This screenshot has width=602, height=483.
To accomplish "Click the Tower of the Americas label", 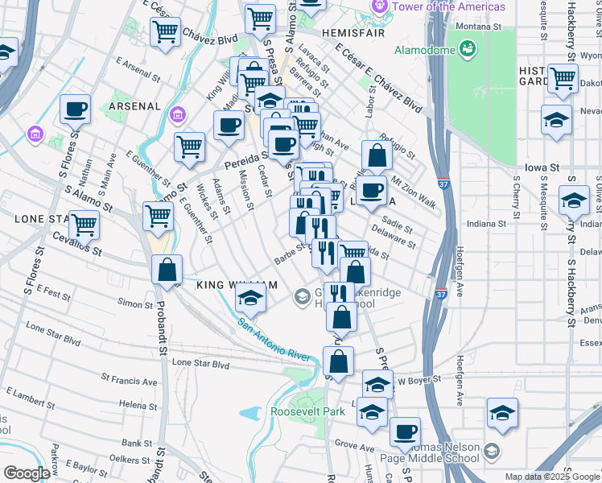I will [448, 7].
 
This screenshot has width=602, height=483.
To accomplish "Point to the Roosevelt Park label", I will [307, 411].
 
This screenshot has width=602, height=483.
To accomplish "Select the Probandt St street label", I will [162, 337].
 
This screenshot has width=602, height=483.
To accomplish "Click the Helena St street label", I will [138, 403].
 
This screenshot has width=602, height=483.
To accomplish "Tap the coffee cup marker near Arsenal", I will [75, 109].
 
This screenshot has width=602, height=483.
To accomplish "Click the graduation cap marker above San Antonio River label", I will [251, 299].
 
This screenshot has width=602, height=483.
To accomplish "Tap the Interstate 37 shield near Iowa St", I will [443, 184].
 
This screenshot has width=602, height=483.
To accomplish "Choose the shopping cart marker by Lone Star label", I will [84, 225].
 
